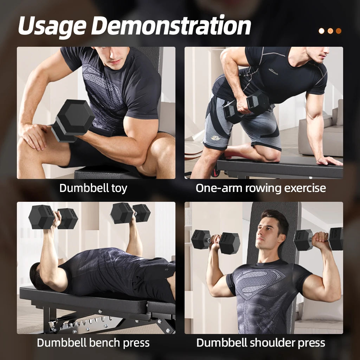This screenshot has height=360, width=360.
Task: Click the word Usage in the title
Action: [52, 26]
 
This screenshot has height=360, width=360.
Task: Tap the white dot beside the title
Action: [321, 31]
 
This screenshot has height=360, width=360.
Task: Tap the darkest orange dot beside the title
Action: [338, 31]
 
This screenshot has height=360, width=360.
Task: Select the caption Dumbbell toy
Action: [93, 188]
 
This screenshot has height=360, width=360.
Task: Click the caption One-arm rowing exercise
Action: [261, 188]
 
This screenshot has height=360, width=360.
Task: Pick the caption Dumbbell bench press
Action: [93, 342]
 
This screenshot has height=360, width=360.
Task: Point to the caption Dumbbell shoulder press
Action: [261, 342]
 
